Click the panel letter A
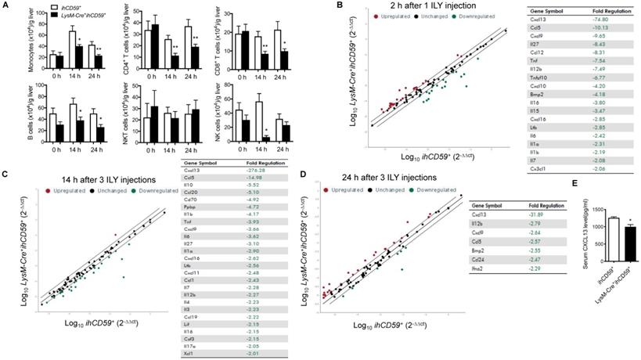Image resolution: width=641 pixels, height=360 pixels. (x=6, y=6)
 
